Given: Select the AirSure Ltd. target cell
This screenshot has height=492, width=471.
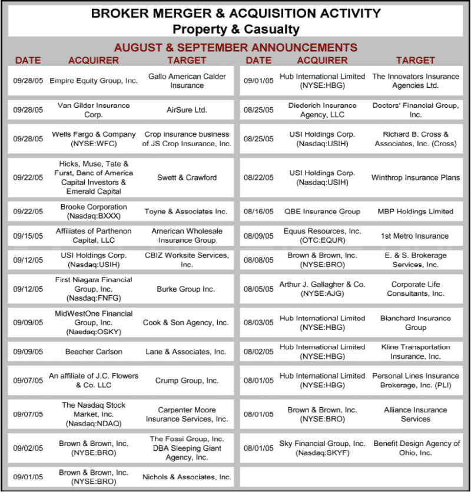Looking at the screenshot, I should point(187,110).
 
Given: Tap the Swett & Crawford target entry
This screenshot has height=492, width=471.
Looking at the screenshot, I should point(187,177).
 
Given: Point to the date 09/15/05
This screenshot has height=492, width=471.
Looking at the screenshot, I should point(28,236).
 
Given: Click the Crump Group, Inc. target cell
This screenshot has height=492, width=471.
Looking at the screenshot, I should point(187,381).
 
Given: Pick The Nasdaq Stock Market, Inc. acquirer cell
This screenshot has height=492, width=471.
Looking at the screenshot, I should point(94,414).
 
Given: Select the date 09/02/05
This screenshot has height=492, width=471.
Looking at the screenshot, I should point(28,448).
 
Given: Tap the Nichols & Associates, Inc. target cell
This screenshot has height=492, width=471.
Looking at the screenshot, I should point(187,477).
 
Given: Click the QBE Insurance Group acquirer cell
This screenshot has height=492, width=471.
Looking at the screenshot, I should point(322,212).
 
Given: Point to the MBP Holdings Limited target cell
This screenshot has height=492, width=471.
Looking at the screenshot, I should point(416,212).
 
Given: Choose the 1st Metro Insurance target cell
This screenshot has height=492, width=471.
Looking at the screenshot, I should point(416,236).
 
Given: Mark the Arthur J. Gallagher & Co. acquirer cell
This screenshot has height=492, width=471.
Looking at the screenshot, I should point(322,289).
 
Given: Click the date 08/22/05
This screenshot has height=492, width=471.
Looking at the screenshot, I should point(259,177).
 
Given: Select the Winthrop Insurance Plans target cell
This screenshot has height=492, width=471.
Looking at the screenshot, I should point(416,177).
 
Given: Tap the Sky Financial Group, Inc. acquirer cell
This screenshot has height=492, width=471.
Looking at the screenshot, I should point(322,448).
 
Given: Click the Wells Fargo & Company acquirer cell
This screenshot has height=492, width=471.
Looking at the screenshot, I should point(94,138).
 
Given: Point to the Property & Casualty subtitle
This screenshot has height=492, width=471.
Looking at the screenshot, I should point(235,29).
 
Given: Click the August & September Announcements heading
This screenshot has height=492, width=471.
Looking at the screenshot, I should point(235,47).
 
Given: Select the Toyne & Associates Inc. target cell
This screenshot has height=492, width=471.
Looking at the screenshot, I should point(187,212).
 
